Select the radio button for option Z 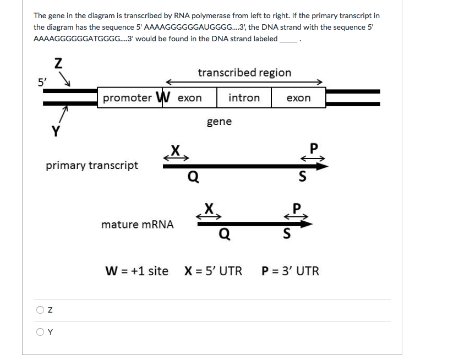pos(40,310)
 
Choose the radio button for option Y pos(40,331)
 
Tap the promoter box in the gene pos(127,98)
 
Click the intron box pos(244,98)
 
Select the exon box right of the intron pos(298,98)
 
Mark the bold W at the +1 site pos(162,97)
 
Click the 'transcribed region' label pos(244,73)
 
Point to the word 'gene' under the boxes pos(219,122)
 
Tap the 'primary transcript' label pos(92,165)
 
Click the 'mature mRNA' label pos(138,225)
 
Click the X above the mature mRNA pos(209,208)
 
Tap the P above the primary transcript pos(314,148)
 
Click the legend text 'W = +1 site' pos(136,271)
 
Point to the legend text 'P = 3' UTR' pos(290,271)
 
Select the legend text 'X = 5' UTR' pos(213,271)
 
